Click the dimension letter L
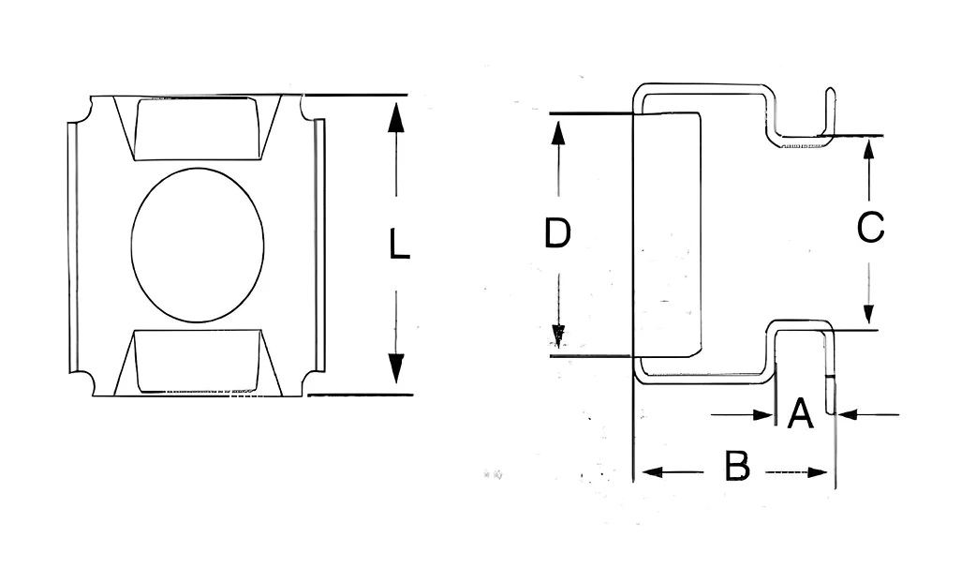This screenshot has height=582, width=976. (x=399, y=244)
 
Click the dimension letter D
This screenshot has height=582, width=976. (x=557, y=232)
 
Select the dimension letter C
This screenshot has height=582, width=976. (x=870, y=227)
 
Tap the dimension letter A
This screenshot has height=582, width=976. (x=800, y=413)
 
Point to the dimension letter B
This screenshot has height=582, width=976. (x=737, y=466)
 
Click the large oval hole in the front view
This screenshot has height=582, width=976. (x=198, y=245)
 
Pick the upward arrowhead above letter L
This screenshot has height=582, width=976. (x=396, y=118)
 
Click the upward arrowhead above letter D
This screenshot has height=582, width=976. (x=558, y=133)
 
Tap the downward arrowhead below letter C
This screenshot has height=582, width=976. (x=869, y=313)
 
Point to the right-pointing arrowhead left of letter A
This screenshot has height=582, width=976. (x=762, y=414)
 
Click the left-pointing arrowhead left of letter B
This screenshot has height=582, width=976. (x=651, y=472)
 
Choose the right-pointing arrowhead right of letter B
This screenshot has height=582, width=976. (x=818, y=472)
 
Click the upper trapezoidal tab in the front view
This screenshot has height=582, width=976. (x=198, y=127)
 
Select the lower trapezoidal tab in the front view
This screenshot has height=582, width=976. (x=198, y=363)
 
